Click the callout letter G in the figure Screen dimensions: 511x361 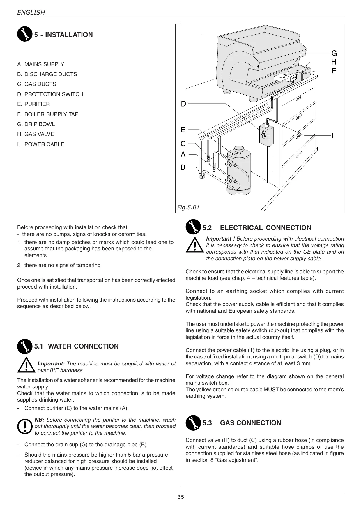tap(334, 53)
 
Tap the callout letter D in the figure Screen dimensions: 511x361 tap(183, 104)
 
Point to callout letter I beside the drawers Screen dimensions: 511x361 tap(333, 135)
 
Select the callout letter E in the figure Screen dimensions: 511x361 tap(183, 130)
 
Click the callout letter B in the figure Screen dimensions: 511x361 tap(183, 167)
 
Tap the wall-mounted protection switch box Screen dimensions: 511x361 tap(266, 134)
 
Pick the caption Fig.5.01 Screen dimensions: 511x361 tap(188, 207)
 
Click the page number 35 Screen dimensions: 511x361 tap(180, 497)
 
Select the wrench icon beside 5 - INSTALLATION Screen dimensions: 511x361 tap(24, 34)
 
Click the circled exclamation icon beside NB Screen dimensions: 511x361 tap(24, 427)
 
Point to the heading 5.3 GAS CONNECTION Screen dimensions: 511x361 tap(242, 423)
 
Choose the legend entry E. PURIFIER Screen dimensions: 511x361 tap(33, 104)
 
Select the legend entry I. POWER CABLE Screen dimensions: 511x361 tap(41, 144)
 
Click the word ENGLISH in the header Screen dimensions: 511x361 tap(31, 13)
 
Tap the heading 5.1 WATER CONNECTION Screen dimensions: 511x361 tap(76, 346)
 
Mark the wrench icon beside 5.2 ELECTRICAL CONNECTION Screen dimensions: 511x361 tap(193, 227)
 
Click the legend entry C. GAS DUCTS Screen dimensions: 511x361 tap(37, 84)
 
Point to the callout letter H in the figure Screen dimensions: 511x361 tap(334, 62)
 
